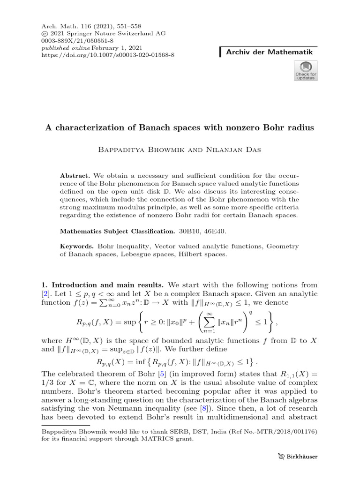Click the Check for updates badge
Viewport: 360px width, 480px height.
coord(305,71)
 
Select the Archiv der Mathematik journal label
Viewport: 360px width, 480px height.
coord(269,52)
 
